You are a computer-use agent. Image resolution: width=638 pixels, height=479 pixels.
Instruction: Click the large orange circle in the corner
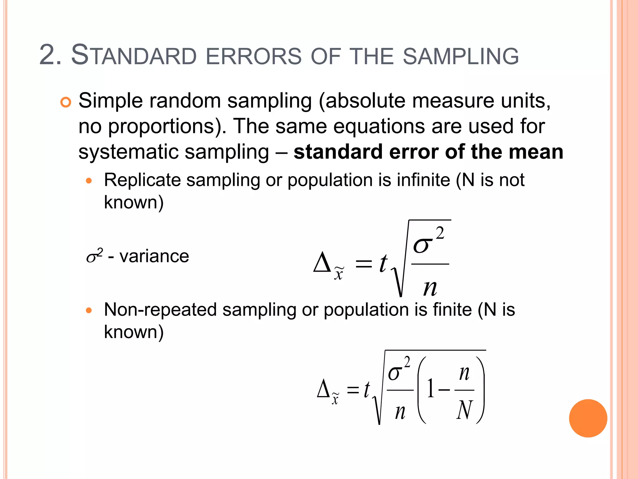[x=588, y=418]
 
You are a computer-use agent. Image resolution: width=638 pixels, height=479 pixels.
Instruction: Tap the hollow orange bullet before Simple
[x=66, y=102]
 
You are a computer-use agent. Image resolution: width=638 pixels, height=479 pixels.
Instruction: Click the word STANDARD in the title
[x=134, y=56]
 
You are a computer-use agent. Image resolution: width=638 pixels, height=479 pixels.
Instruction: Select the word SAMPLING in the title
[x=461, y=56]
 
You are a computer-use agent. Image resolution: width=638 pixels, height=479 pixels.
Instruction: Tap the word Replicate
[x=142, y=180]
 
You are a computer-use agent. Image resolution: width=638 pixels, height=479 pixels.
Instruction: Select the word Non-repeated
[x=160, y=310]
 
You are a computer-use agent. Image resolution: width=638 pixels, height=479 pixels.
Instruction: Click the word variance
[x=154, y=256]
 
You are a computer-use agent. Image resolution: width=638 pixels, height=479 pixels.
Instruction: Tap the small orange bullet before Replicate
[x=89, y=181]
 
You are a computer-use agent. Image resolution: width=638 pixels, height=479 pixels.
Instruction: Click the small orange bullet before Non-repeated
[x=89, y=310]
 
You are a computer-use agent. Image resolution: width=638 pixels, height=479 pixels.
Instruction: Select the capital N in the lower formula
[x=464, y=410]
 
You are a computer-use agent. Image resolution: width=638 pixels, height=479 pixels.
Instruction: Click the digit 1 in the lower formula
[x=431, y=389]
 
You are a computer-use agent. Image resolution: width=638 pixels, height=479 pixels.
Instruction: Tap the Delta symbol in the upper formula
[x=322, y=263]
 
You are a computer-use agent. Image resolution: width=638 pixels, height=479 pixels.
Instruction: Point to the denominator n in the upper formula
[x=430, y=288]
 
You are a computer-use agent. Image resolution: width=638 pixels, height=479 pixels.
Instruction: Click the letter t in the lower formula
[x=367, y=389]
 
